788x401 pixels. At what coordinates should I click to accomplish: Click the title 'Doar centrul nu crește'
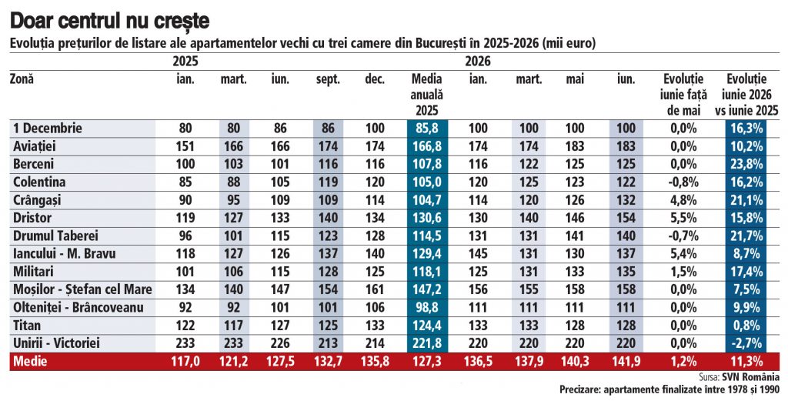click(x=109, y=21)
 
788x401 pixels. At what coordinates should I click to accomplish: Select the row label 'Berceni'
click(x=34, y=164)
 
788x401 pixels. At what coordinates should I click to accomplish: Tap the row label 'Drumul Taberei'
click(x=55, y=236)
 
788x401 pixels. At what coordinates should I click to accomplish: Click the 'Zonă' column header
click(x=22, y=79)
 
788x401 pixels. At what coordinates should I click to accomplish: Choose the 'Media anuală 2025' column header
click(x=426, y=95)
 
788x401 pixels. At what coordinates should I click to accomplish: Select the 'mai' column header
click(x=575, y=79)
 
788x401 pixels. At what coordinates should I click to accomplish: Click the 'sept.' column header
click(x=328, y=80)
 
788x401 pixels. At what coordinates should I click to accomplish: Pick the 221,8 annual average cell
click(x=427, y=344)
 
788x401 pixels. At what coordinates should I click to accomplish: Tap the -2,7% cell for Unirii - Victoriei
click(x=746, y=344)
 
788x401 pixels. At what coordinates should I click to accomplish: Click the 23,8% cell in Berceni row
click(x=746, y=164)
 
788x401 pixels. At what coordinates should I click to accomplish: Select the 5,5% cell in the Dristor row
click(x=684, y=218)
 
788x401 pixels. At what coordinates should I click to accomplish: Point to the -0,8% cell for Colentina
click(x=684, y=182)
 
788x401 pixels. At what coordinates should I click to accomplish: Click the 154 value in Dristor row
click(x=626, y=218)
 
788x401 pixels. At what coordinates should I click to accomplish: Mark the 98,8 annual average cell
click(x=427, y=308)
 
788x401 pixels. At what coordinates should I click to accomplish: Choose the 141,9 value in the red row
click(x=626, y=362)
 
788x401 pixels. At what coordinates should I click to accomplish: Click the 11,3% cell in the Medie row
click(x=746, y=362)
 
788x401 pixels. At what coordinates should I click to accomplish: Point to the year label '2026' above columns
click(x=477, y=62)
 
